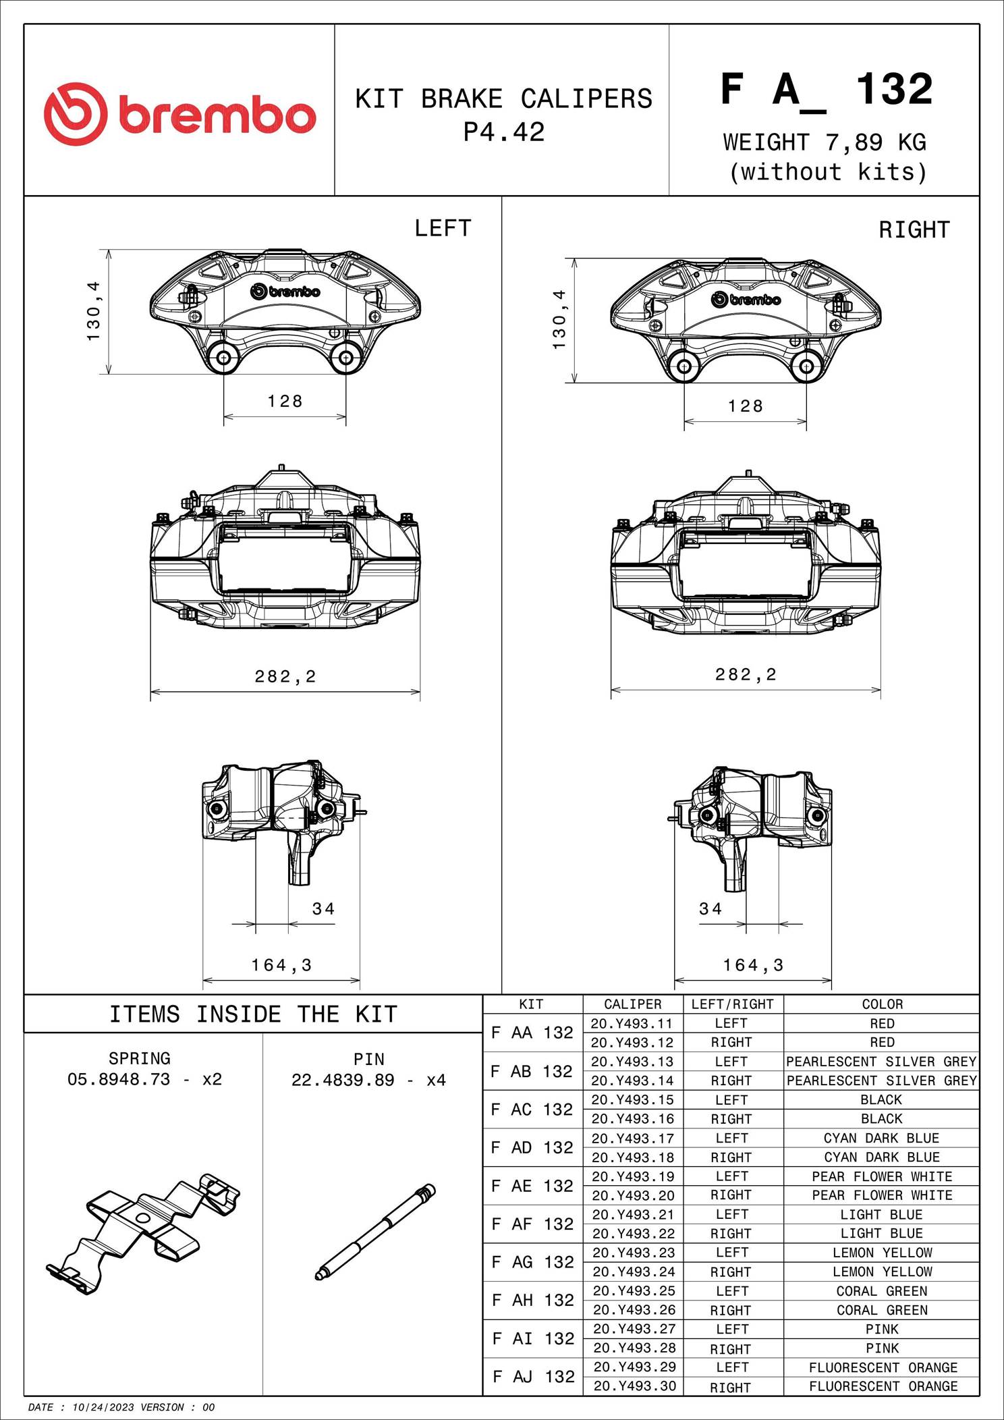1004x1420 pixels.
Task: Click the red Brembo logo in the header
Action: tap(179, 113)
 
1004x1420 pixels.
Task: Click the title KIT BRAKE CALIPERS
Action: tap(503, 99)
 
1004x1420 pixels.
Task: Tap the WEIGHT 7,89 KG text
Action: tap(825, 142)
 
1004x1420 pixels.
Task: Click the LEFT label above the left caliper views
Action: tap(443, 229)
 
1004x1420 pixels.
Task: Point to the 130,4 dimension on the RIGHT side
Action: tap(560, 320)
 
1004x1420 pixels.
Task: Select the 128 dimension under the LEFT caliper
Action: tap(285, 402)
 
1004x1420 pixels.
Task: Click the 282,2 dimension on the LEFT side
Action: tap(285, 676)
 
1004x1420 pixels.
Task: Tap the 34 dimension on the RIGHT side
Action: tap(710, 909)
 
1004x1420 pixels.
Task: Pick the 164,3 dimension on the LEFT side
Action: tap(281, 965)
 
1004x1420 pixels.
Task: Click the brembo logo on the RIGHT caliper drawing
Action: tap(746, 300)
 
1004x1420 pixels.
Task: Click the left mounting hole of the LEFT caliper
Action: tap(223, 357)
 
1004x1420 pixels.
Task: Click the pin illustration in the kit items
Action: tap(375, 1232)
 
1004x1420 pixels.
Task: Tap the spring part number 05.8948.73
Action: tap(119, 1079)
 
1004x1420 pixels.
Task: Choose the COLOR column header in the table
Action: tap(882, 1004)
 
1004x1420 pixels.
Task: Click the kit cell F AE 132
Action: tap(532, 1186)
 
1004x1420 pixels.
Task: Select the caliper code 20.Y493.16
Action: tap(632, 1119)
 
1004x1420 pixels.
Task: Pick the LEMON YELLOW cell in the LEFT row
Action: tap(882, 1253)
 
